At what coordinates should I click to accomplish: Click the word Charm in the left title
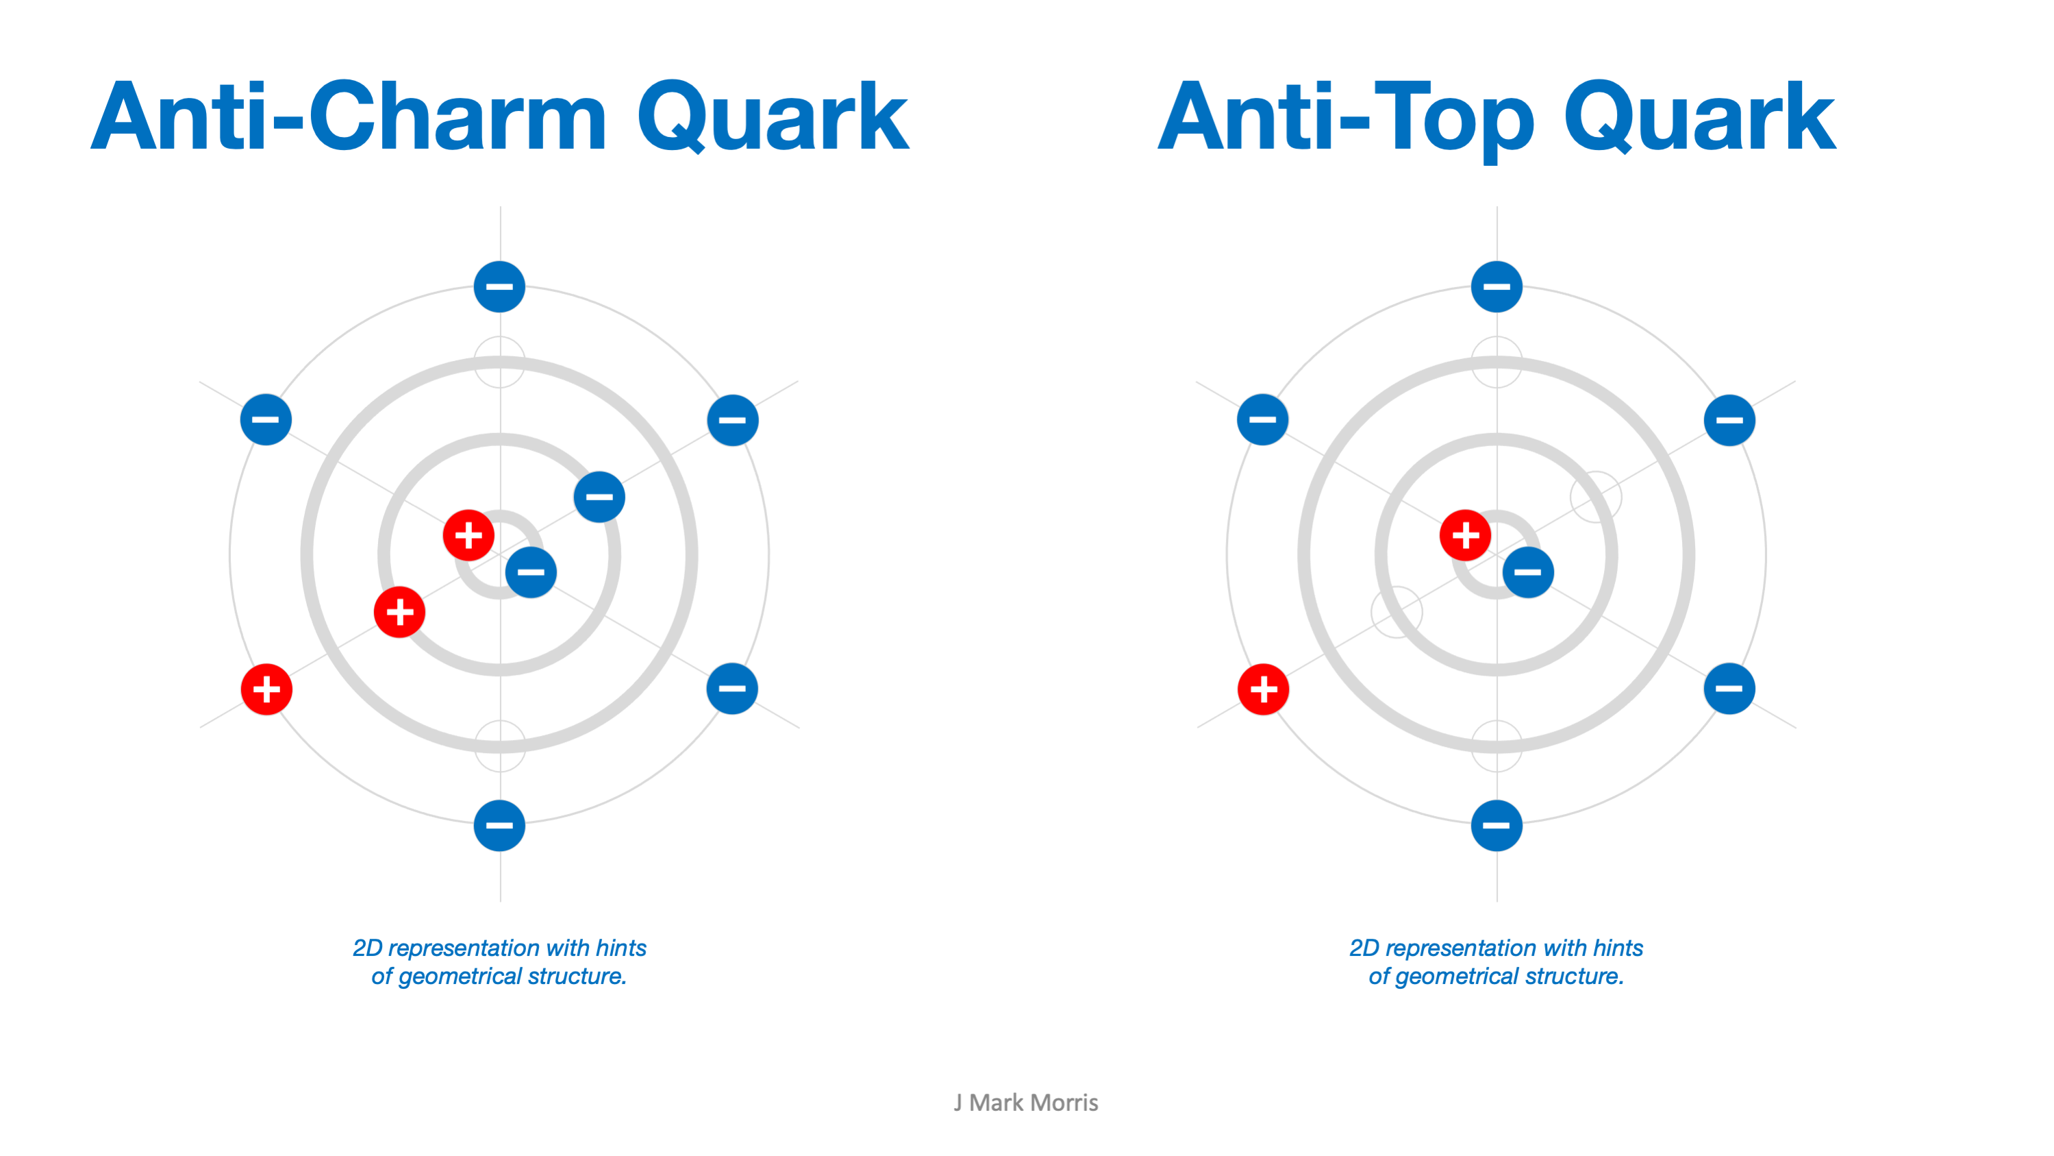[458, 116]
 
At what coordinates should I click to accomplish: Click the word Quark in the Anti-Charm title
[773, 116]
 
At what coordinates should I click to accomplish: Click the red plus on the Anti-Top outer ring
[1263, 689]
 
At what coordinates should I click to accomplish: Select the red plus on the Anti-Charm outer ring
[266, 689]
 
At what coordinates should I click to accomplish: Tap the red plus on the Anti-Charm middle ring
[399, 612]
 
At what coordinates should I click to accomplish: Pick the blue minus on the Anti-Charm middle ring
[599, 497]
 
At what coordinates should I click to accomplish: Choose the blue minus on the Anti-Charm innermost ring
[531, 572]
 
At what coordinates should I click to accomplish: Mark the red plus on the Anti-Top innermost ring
[1466, 535]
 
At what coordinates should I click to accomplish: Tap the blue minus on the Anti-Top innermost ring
[1528, 572]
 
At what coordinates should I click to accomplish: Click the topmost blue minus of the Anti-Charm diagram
[499, 286]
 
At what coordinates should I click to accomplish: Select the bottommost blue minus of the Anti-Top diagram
[1496, 825]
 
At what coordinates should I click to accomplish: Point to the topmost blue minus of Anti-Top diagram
[1496, 286]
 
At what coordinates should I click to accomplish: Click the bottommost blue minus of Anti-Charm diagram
[499, 825]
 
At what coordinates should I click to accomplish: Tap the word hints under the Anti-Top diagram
[1618, 948]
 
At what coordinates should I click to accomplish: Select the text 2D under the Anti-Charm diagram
[368, 948]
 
